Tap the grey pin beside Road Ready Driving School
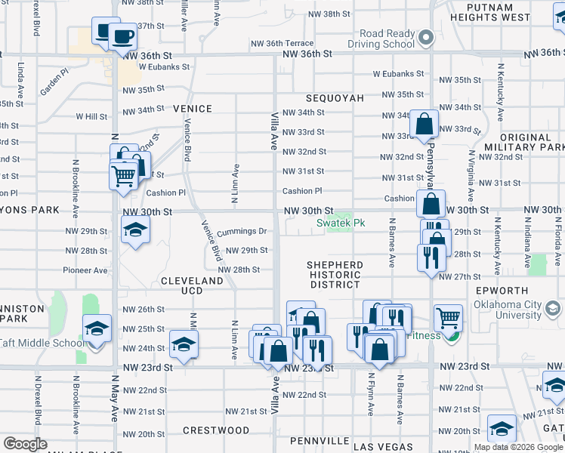point(426,35)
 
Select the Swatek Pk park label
point(341,223)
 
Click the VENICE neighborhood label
point(192,109)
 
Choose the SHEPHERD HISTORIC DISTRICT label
point(335,275)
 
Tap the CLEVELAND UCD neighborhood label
point(192,285)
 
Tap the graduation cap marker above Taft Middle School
point(97,328)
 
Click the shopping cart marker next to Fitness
point(448,318)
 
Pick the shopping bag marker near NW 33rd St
point(424,124)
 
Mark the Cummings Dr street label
point(242,231)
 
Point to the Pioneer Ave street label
point(85,270)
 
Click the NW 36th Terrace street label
point(303,44)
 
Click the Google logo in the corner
point(25,444)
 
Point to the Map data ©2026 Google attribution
point(517,447)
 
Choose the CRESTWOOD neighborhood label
point(216,430)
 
